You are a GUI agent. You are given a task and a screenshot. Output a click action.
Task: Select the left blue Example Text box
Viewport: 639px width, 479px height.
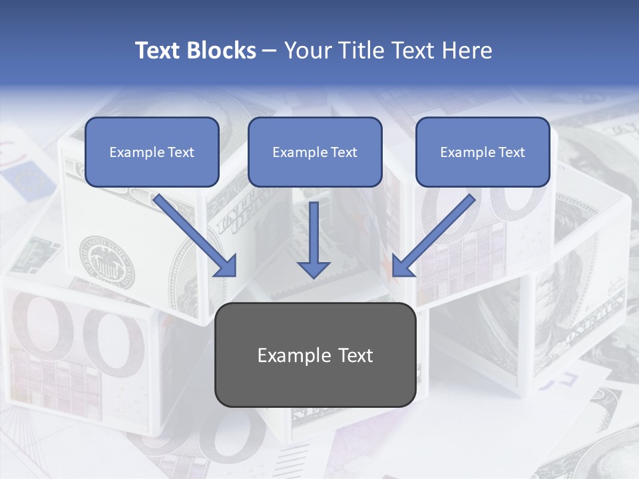[x=152, y=152]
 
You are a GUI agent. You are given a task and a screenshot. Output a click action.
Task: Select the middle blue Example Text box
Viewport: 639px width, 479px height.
[x=315, y=152]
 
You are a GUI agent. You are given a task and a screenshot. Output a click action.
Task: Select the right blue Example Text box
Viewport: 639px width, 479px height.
[x=483, y=152]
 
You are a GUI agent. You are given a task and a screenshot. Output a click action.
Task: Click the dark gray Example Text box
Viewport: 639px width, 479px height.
[x=316, y=355]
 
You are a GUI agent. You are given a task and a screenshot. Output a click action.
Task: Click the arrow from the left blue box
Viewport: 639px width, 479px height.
[x=193, y=233]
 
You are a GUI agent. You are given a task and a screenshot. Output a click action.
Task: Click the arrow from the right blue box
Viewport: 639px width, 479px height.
[x=436, y=233]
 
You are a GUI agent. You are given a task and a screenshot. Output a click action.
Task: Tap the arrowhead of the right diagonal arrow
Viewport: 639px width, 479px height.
[x=401, y=267]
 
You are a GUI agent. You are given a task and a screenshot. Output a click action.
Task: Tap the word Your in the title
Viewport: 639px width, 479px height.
[x=308, y=51]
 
